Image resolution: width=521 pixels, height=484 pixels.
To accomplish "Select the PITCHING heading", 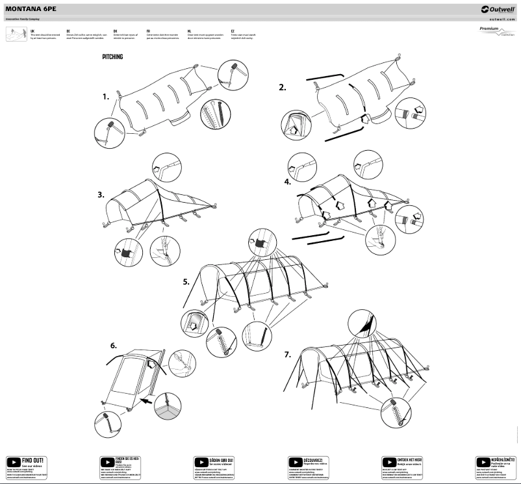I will point(112,57).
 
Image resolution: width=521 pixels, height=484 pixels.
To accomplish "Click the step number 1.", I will point(105,96).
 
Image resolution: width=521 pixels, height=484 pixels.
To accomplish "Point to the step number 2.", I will point(282,87).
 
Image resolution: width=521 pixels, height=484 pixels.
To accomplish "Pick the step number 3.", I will point(101,194).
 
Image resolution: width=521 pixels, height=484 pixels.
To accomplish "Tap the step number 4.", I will point(288,182).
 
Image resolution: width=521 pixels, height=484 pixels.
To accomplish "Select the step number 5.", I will point(186,282).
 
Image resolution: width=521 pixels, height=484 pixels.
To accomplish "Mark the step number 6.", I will point(112,345).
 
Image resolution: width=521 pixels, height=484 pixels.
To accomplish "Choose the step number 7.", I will point(288,354).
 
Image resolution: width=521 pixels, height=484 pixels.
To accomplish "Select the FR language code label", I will point(149,31).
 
